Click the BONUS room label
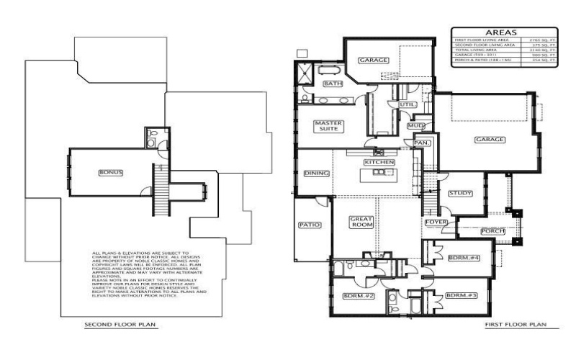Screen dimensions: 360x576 click(x=112, y=173)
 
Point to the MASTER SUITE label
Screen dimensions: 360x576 click(x=328, y=127)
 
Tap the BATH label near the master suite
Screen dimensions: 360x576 click(x=333, y=84)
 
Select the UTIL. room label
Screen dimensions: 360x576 click(x=405, y=104)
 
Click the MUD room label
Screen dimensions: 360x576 click(x=415, y=126)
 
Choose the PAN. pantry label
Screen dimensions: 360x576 click(x=422, y=143)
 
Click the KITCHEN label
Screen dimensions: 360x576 click(x=379, y=163)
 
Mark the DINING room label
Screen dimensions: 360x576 click(x=317, y=173)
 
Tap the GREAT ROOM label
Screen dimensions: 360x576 click(x=359, y=222)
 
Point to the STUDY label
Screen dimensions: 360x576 click(x=459, y=193)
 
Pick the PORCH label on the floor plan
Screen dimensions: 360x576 click(x=492, y=230)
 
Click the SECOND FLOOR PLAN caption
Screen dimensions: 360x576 click(x=120, y=325)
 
